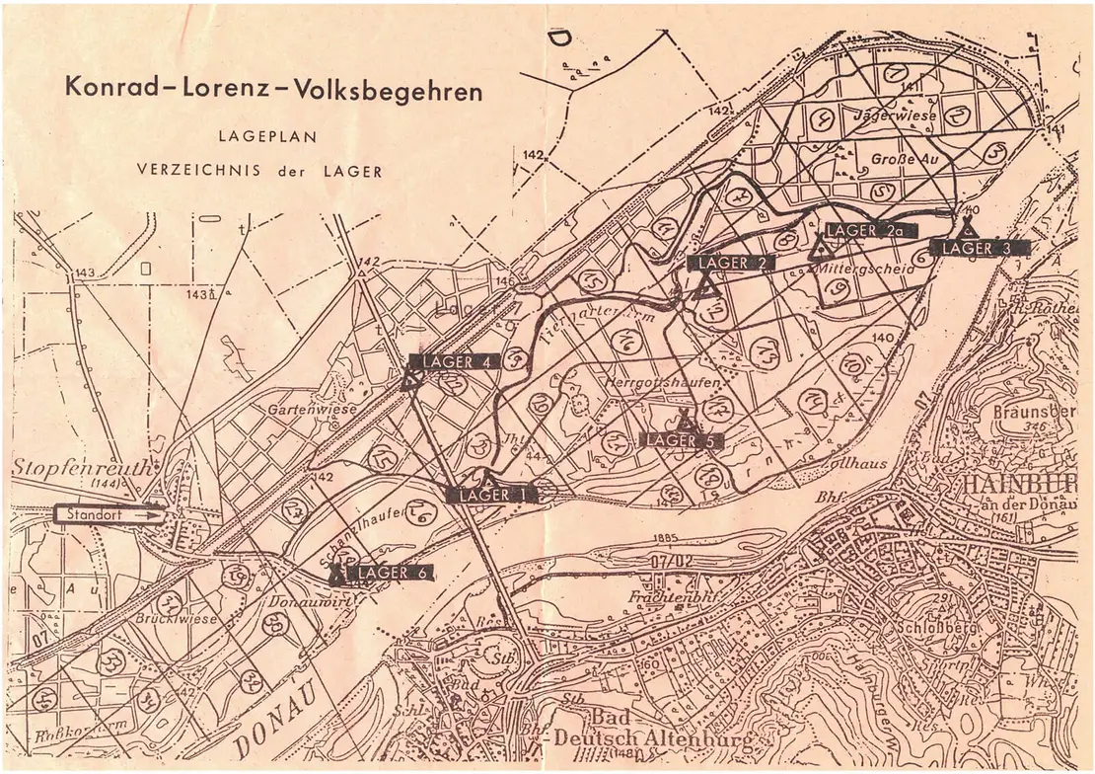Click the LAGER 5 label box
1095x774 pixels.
coord(681,440)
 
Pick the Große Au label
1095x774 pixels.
coord(899,158)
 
